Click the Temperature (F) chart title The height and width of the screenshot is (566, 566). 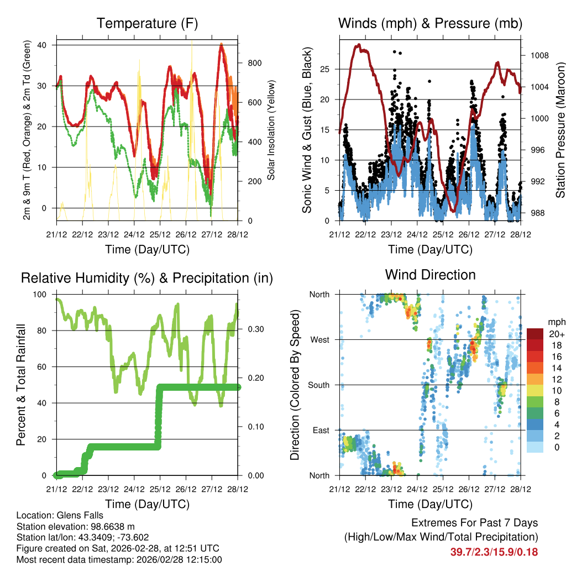coord(147,24)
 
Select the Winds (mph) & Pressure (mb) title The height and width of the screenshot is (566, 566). coord(430,24)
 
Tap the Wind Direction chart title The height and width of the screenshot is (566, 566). coord(430,275)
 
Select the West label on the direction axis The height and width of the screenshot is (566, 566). coord(320,339)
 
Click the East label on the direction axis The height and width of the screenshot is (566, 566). coord(321,430)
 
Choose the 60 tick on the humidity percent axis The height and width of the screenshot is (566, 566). coord(45,366)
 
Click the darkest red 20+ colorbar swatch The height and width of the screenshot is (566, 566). coord(535,333)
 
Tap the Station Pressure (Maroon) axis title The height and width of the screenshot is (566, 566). coord(560,129)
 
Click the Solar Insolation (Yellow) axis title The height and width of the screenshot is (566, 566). coord(271,130)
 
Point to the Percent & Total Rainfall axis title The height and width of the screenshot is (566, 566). coord(20,385)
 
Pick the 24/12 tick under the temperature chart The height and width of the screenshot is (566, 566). coord(134,234)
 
